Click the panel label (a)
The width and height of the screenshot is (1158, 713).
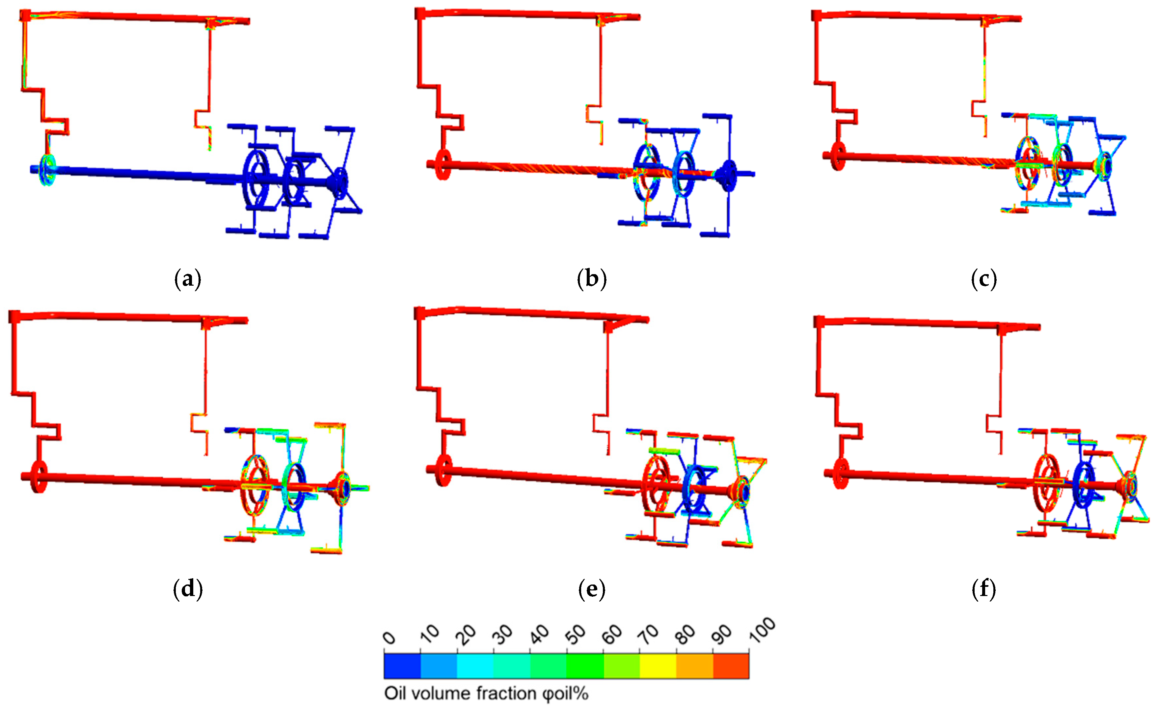[187, 279]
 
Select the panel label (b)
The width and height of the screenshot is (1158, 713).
[592, 279]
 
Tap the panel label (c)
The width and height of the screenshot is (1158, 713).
[984, 279]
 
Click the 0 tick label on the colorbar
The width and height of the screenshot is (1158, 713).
[389, 638]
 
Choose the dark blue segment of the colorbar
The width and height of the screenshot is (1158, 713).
[402, 665]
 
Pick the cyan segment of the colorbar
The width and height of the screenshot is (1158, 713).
[475, 665]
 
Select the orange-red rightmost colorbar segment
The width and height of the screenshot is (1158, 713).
[731, 665]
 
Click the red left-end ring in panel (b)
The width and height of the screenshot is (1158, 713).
[443, 164]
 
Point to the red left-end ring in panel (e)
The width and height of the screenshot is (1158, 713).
[443, 470]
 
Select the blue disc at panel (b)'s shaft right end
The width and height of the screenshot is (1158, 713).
[728, 175]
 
